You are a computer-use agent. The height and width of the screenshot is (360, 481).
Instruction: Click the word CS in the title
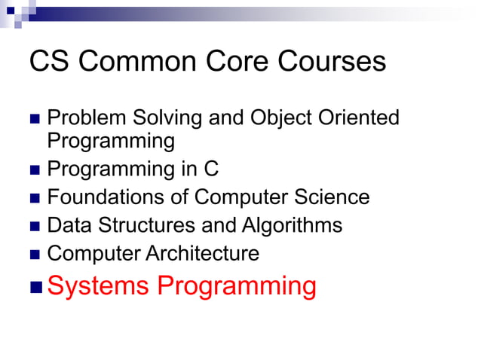[x=48, y=61]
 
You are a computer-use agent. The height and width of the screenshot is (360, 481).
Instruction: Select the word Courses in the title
[x=331, y=61]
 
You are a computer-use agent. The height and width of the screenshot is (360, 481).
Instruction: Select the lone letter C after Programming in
[x=210, y=169]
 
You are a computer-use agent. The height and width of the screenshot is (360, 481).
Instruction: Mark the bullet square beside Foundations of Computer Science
[x=35, y=198]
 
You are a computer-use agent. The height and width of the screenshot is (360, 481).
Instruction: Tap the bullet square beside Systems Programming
[x=35, y=287]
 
